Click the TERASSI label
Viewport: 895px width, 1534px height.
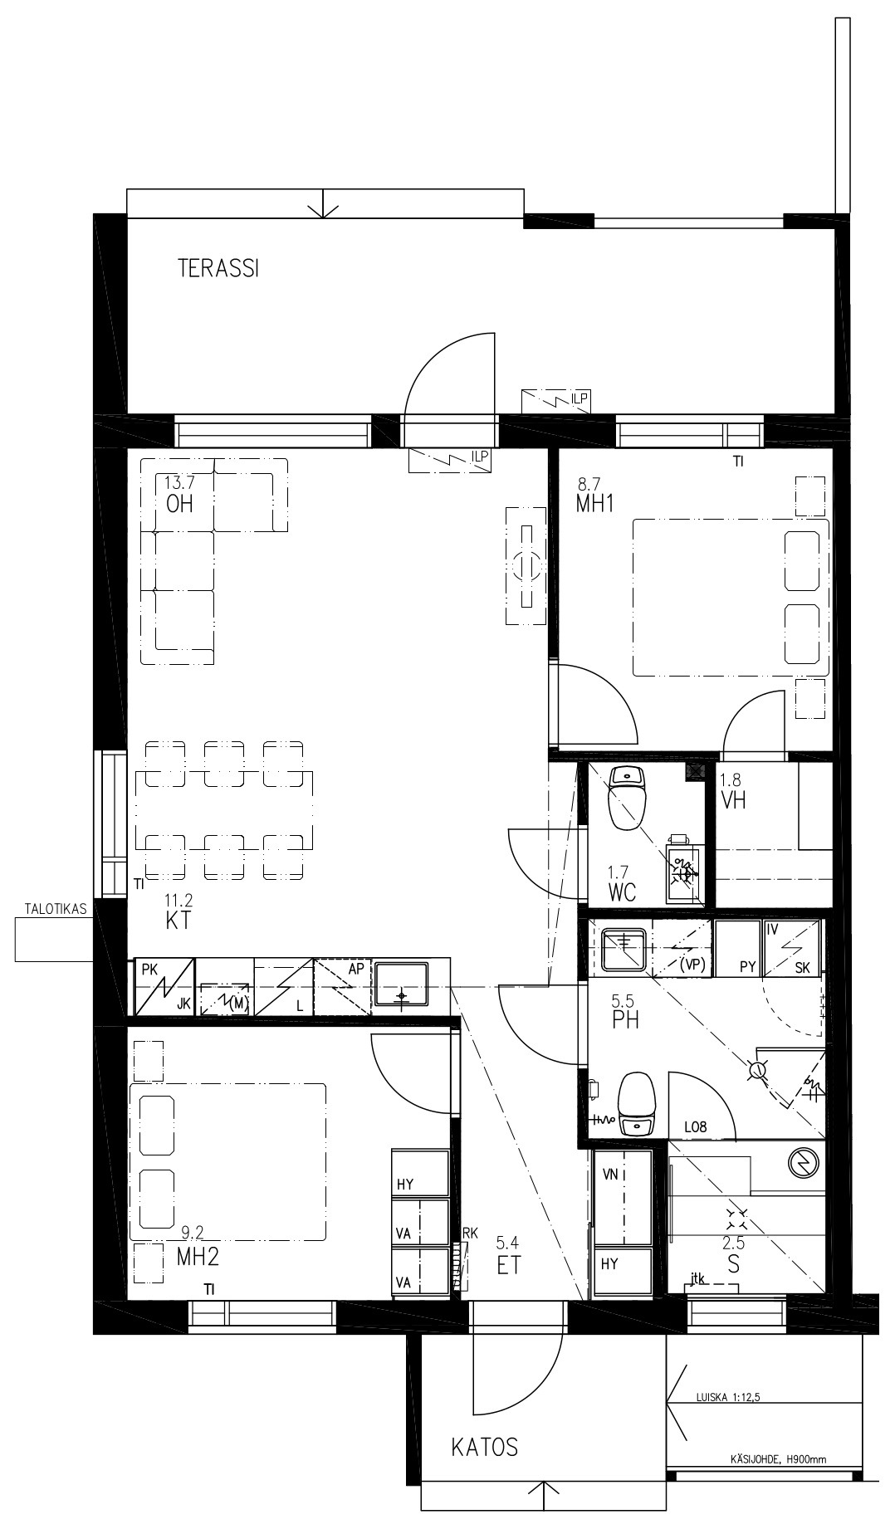(x=218, y=268)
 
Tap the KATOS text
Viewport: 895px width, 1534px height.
(x=485, y=1447)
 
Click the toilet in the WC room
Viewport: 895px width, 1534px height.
(x=628, y=798)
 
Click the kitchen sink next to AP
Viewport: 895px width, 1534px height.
(x=401, y=984)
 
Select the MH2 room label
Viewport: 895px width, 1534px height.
(x=198, y=1257)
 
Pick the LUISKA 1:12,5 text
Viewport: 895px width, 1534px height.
(x=728, y=1397)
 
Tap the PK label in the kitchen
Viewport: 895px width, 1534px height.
(x=149, y=969)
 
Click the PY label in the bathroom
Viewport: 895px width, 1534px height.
(x=748, y=967)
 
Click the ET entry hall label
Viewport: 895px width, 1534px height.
(x=509, y=1266)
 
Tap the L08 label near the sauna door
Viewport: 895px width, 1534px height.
(x=695, y=1126)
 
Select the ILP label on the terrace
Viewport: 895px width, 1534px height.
(x=580, y=399)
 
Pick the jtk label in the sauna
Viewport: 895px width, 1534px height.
(x=697, y=1279)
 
